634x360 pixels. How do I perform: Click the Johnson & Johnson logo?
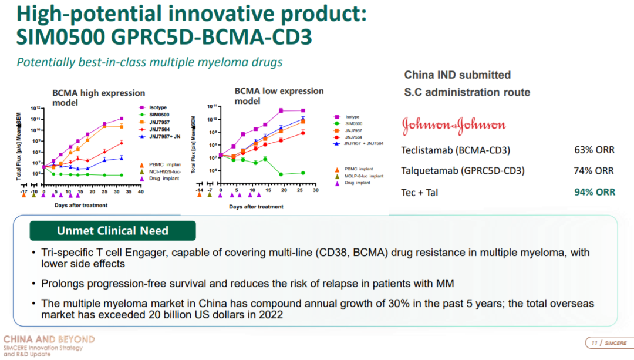coord(453,125)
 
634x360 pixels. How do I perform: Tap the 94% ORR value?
coord(594,192)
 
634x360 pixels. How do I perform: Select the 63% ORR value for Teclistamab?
coord(594,150)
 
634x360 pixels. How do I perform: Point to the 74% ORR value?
coord(594,171)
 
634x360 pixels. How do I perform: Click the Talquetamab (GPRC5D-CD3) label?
coord(463,171)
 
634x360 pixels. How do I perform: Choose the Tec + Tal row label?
coord(419,192)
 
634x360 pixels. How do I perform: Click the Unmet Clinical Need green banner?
coord(113,231)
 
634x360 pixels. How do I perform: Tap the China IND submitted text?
coord(457,75)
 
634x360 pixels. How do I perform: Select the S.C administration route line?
coord(467,92)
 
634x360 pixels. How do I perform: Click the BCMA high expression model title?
coord(99,97)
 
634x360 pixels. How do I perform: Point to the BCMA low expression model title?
coord(279,96)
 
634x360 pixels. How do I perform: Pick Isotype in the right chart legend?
coord(352,117)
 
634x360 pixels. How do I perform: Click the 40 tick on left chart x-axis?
coord(140,192)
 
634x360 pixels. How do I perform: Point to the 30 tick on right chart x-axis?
coord(315,191)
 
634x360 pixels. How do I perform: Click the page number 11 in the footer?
coord(593,343)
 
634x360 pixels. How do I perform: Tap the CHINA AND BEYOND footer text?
coord(49,339)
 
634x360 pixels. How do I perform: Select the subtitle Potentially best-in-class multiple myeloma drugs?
coord(150,62)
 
